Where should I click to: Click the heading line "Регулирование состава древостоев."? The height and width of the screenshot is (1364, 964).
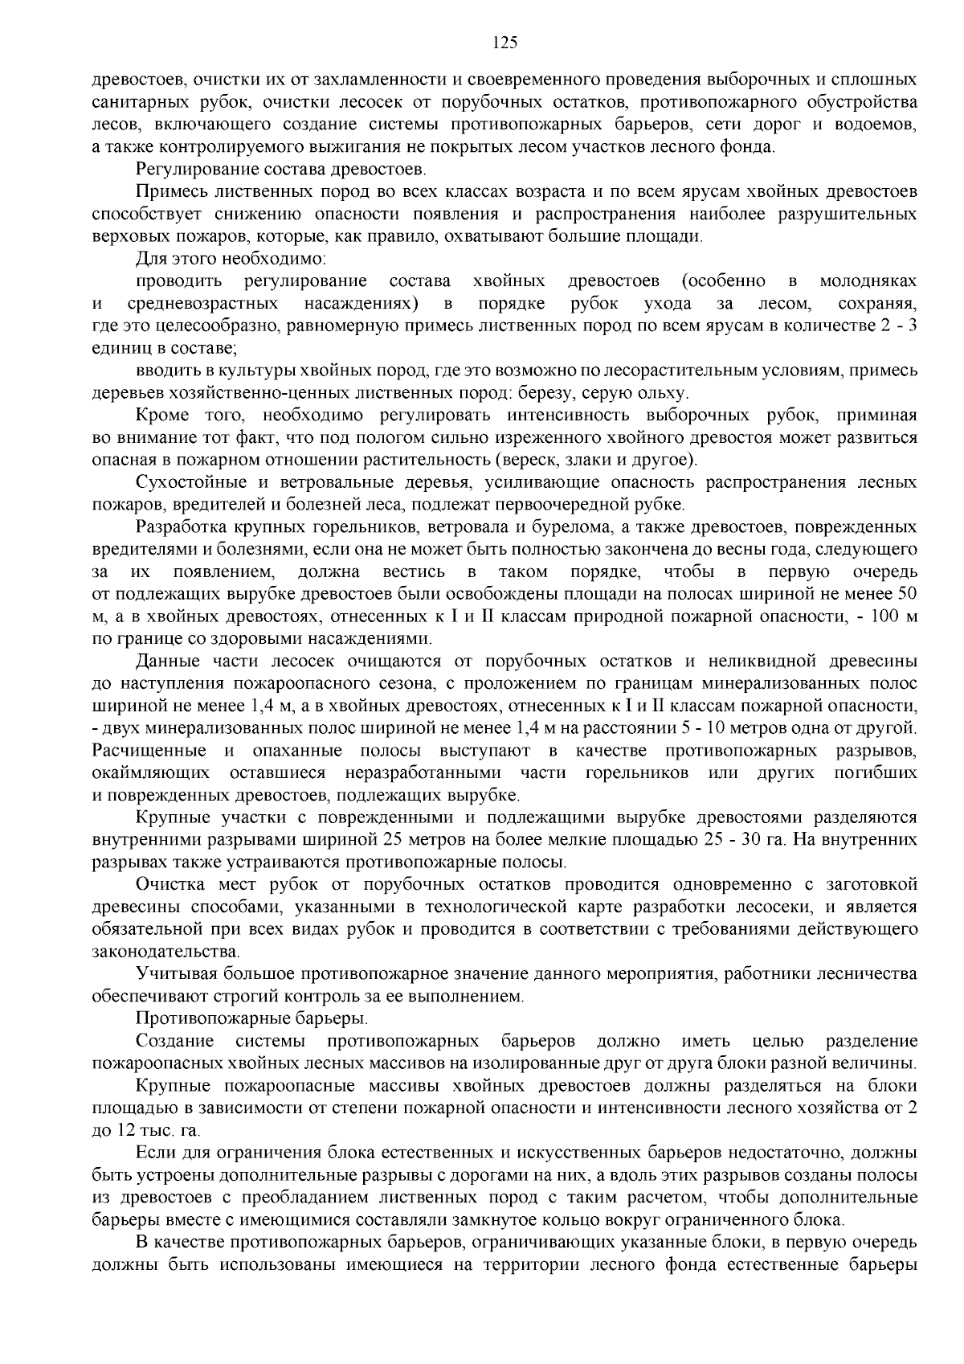(x=281, y=170)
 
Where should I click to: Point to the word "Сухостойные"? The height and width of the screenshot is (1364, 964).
(x=188, y=483)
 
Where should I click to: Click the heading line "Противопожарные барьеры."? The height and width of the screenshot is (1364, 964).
(x=252, y=1019)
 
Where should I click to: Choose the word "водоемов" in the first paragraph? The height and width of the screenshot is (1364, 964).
(x=880, y=125)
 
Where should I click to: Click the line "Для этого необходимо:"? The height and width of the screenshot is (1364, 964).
(x=230, y=259)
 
